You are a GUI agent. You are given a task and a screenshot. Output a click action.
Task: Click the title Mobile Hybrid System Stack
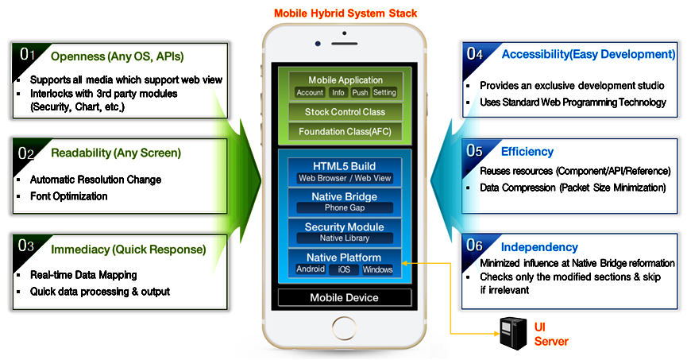coord(345,14)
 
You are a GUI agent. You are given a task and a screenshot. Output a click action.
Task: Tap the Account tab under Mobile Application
coord(310,92)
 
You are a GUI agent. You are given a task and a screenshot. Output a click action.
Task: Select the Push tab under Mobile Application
coord(360,92)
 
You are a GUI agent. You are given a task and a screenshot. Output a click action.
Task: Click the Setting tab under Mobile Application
coord(384,92)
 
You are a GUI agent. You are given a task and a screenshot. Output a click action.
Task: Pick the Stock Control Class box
coord(345,112)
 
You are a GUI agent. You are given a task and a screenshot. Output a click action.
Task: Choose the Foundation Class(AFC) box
coord(345,131)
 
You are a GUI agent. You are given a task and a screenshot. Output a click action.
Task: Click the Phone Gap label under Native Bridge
coord(345,208)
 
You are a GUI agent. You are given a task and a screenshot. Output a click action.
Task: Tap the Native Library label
coord(345,238)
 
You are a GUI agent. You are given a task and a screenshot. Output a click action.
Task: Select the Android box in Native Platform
coord(310,269)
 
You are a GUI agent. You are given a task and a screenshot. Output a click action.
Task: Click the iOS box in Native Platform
coord(344,269)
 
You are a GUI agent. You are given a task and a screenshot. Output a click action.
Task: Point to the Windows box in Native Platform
coord(378,269)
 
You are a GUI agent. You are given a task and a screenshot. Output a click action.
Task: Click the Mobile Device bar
coord(345,298)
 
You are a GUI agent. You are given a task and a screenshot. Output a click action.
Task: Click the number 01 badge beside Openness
coord(27,54)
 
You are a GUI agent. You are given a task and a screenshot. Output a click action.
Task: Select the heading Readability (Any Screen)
coord(116,153)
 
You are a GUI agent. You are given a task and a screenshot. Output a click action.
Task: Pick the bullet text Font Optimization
coord(68,195)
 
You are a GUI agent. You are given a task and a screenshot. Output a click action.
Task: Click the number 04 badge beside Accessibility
coord(475,54)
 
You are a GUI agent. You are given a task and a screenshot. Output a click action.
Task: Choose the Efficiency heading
coord(527,151)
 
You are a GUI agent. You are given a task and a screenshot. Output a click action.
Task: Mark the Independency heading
coord(539,247)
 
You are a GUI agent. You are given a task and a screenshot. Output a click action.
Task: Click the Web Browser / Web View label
coord(345,178)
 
